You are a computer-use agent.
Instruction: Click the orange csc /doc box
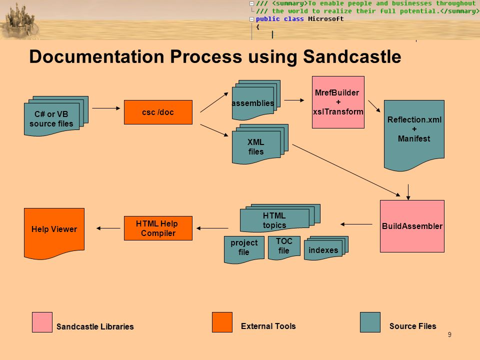pyautogui.click(x=158, y=112)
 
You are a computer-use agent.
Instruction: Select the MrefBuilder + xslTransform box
pyautogui.click(x=338, y=102)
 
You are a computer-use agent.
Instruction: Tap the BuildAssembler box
pyautogui.click(x=412, y=226)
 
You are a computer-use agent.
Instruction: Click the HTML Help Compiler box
pyautogui.click(x=158, y=228)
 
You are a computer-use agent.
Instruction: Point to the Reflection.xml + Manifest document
pyautogui.click(x=414, y=134)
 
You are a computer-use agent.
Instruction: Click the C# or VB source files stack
pyautogui.click(x=56, y=116)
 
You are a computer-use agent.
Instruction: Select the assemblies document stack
pyautogui.click(x=256, y=100)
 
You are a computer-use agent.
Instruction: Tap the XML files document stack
pyautogui.click(x=260, y=144)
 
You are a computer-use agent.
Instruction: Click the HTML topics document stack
pyautogui.click(x=280, y=218)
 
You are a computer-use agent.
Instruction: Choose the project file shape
pyautogui.click(x=244, y=249)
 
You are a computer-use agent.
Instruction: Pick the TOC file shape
pyautogui.click(x=284, y=247)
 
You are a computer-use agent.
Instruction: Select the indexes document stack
pyautogui.click(x=326, y=248)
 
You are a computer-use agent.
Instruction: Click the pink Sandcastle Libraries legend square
pyautogui.click(x=42, y=322)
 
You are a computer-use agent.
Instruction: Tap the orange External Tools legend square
pyautogui.click(x=222, y=322)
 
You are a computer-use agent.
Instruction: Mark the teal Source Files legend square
pyautogui.click(x=370, y=322)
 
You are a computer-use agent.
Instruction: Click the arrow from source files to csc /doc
pyautogui.click(x=106, y=108)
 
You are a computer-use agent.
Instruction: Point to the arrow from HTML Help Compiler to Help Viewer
pyautogui.click(x=108, y=228)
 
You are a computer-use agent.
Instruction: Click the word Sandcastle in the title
pyautogui.click(x=351, y=56)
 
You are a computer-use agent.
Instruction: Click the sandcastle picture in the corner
pyautogui.click(x=19, y=21)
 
